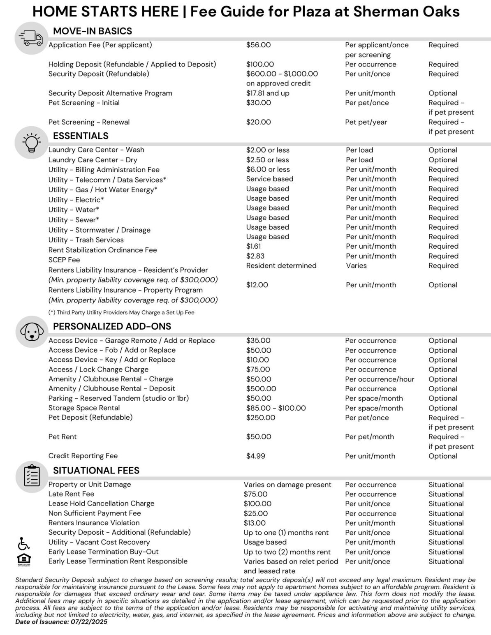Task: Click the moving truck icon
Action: click(x=32, y=38)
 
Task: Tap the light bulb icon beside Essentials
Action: click(x=32, y=143)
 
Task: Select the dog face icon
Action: click(x=32, y=332)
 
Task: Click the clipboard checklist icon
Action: click(x=32, y=476)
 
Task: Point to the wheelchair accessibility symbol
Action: click(x=23, y=543)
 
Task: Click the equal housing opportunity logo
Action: click(x=23, y=560)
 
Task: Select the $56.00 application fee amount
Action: click(x=258, y=45)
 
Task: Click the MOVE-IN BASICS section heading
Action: click(x=93, y=31)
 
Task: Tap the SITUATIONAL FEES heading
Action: click(x=96, y=470)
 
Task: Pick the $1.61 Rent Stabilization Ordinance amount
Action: click(x=253, y=246)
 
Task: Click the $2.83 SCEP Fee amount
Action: click(x=254, y=256)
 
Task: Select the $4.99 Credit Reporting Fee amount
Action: click(x=255, y=456)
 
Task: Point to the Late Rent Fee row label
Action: click(x=71, y=494)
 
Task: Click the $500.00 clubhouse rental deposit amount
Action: click(x=261, y=388)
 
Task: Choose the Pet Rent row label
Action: click(x=63, y=436)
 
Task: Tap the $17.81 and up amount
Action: click(x=268, y=93)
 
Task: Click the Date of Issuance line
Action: click(x=61, y=622)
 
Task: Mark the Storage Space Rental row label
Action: click(x=84, y=408)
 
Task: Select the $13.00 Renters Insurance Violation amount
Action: click(x=255, y=523)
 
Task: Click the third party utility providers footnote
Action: click(x=121, y=312)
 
